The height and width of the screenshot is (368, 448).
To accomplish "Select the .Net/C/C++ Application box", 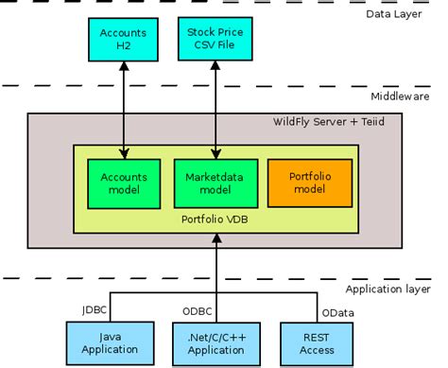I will coord(217,342).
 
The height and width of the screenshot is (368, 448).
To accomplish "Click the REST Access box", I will coord(313,342).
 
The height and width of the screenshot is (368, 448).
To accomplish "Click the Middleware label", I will coord(401,95).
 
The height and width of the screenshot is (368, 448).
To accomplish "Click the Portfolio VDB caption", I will coord(215,218).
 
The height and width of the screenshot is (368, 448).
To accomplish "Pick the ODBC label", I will coord(197,309).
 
